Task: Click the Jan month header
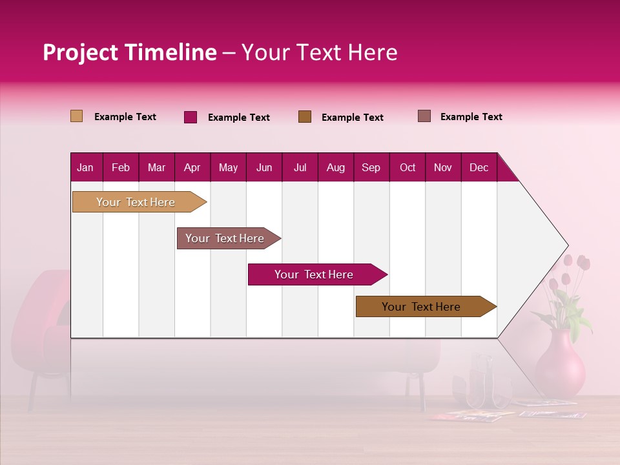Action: (x=85, y=167)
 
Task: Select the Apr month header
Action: (x=192, y=167)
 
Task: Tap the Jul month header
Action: (x=300, y=167)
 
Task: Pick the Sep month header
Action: (x=371, y=167)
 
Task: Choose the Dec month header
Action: (x=479, y=167)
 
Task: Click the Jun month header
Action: (x=264, y=167)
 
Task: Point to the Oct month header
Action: (x=408, y=167)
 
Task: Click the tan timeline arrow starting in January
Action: (x=136, y=202)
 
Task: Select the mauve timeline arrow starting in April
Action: (x=225, y=238)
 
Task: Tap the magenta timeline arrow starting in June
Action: (x=314, y=274)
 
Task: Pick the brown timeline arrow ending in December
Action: (x=421, y=307)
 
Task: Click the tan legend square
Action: (x=76, y=116)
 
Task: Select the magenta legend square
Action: (x=191, y=117)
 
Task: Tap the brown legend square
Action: (x=305, y=116)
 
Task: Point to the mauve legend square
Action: (x=424, y=116)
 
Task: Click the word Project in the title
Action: (x=80, y=52)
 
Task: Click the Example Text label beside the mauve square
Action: (x=471, y=117)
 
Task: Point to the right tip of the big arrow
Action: (x=566, y=245)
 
